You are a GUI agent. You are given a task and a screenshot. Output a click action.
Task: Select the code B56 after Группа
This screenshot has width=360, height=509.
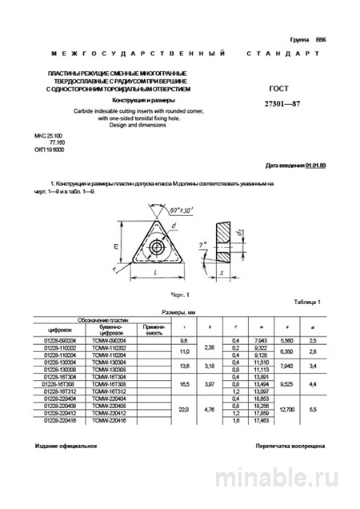click(x=321, y=39)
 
